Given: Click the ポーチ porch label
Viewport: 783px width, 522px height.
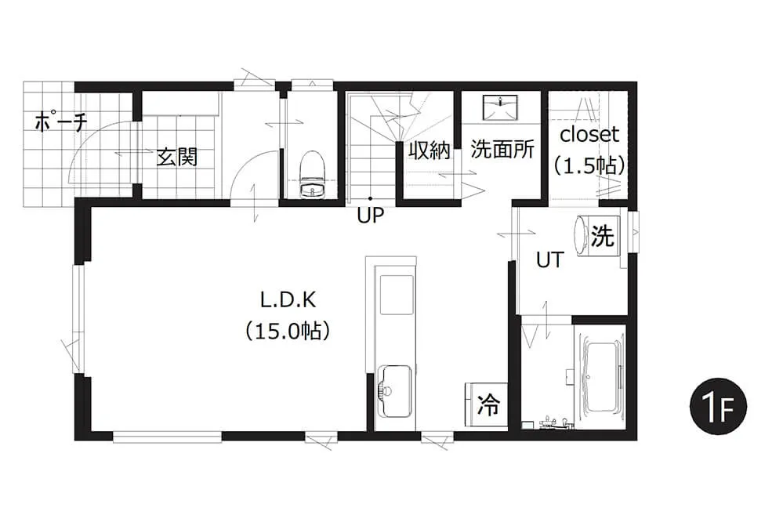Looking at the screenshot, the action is (61, 122).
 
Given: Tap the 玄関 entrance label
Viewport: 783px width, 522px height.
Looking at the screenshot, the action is (177, 157).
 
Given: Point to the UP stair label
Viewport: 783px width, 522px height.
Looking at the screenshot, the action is (370, 216).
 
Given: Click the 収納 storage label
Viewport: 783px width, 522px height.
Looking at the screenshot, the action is (429, 150).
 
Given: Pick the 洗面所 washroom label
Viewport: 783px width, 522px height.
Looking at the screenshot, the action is (502, 150).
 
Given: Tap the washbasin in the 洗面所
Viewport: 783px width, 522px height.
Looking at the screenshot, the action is (500, 107).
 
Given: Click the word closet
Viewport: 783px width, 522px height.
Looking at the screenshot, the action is (589, 134).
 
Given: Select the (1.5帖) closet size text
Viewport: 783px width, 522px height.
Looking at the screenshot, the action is (589, 165).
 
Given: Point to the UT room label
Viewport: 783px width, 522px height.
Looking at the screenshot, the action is (549, 259).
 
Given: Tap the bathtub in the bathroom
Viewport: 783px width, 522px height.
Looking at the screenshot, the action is (602, 377).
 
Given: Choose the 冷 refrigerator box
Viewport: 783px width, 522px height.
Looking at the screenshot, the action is (488, 404).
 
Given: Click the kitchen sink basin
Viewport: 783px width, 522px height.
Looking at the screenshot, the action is (394, 391).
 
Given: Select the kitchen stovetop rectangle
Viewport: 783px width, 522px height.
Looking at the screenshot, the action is (397, 295).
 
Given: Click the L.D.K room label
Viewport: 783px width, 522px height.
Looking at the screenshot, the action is (288, 299).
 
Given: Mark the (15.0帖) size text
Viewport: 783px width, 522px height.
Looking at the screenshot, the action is (288, 331).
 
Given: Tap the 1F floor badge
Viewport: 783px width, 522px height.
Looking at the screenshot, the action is (718, 406).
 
